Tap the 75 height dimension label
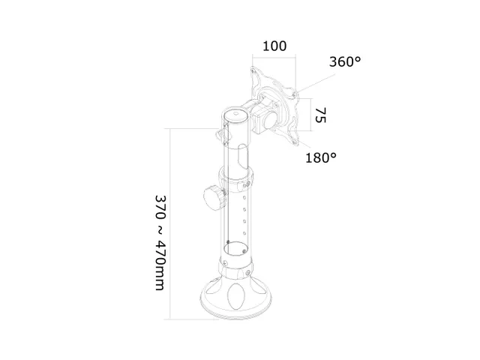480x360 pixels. [x=320, y=115]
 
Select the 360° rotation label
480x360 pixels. [x=345, y=62]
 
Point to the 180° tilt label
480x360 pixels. [x=321, y=158]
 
